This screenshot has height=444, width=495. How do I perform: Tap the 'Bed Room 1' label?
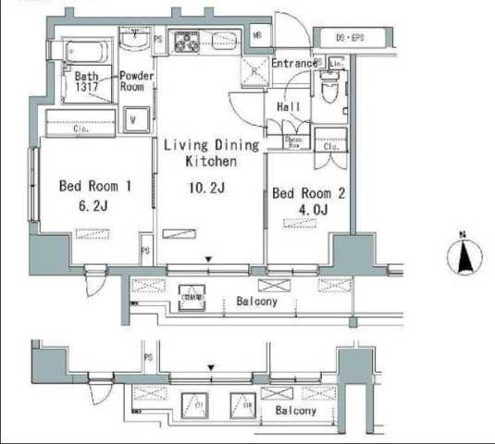(96, 186)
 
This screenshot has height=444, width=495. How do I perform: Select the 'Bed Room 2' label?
(309, 193)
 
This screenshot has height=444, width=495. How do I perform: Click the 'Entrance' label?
(295, 64)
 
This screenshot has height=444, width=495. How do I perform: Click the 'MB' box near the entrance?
(257, 37)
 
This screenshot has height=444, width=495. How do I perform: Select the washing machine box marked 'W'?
(135, 119)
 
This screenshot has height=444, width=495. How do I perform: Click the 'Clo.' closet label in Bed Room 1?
(81, 129)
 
